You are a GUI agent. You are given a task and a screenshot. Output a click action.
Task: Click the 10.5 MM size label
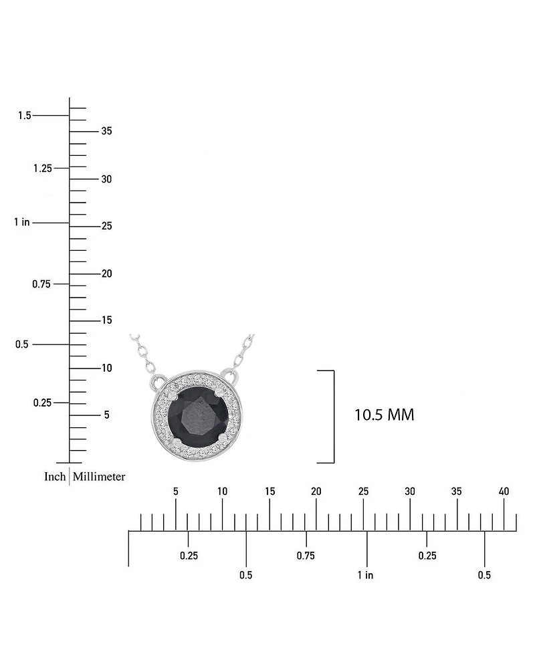384,415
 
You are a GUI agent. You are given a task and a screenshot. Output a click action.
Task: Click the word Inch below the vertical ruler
55,477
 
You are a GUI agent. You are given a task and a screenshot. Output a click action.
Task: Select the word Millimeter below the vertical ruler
99,477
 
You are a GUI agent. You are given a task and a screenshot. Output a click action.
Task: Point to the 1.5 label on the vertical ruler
25,116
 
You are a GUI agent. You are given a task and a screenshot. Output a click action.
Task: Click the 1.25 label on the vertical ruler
42,168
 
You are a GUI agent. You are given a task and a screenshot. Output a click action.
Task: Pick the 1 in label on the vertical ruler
22,222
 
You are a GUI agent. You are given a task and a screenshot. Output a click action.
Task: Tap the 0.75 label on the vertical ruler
42,284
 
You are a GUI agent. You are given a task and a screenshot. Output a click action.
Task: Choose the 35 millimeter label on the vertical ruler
106,131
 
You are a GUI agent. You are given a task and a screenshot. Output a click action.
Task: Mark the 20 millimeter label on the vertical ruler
106,274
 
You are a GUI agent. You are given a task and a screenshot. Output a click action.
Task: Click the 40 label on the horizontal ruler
504,492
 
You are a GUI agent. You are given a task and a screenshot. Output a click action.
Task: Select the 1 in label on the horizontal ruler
365,575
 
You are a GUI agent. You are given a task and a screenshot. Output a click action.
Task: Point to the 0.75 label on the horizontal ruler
306,556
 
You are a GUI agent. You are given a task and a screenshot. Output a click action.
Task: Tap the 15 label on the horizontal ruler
270,492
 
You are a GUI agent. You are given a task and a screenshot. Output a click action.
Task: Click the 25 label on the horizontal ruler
363,492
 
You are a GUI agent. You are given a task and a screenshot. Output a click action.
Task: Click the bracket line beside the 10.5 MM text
333,416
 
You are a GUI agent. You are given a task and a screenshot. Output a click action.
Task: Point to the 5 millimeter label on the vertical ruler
106,415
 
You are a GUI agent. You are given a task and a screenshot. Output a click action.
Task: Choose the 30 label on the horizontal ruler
410,492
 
